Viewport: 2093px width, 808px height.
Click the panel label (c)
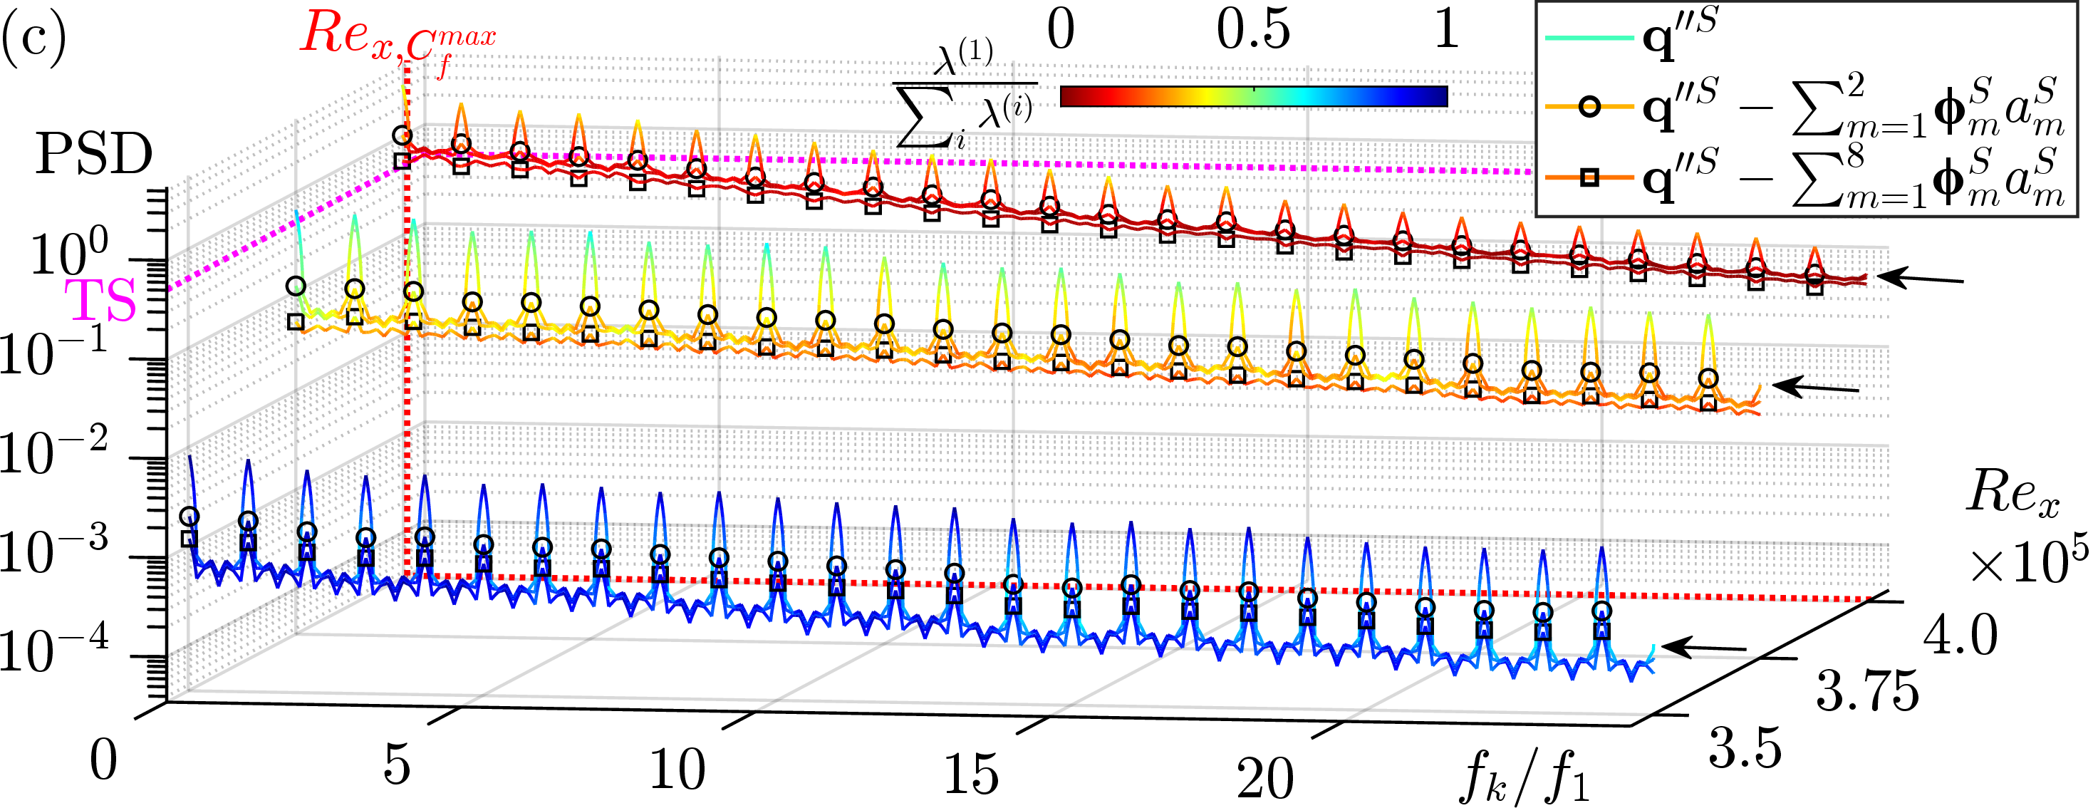pos(33,38)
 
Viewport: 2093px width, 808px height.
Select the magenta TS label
pos(100,301)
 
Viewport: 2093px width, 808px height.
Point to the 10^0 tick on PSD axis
pos(69,254)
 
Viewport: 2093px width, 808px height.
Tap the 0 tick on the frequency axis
pos(103,761)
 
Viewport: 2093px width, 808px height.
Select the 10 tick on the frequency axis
pos(677,768)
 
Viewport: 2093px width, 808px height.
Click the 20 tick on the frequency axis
pos(1265,778)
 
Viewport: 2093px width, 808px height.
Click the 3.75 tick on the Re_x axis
pos(1866,692)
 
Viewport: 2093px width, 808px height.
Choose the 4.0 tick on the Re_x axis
pos(1960,635)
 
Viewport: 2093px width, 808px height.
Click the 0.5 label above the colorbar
pos(1253,31)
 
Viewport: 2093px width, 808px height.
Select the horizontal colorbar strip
pos(1254,97)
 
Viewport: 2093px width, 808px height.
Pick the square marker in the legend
pos(1589,177)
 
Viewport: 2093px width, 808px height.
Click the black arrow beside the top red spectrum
pos(1921,279)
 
